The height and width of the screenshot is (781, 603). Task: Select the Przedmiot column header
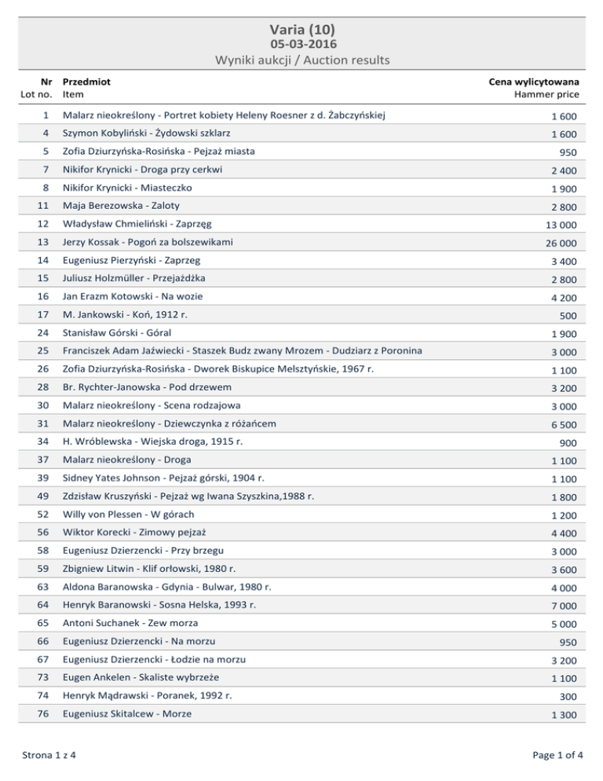point(86,81)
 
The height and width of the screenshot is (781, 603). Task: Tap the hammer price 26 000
point(560,244)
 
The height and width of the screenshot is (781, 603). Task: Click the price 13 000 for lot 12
point(560,225)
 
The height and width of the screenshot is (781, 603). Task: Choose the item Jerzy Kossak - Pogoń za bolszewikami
point(148,241)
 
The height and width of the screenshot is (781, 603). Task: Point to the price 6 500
point(564,425)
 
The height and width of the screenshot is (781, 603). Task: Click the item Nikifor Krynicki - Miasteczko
point(127,188)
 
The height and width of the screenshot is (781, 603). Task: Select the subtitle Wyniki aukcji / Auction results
point(301,60)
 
